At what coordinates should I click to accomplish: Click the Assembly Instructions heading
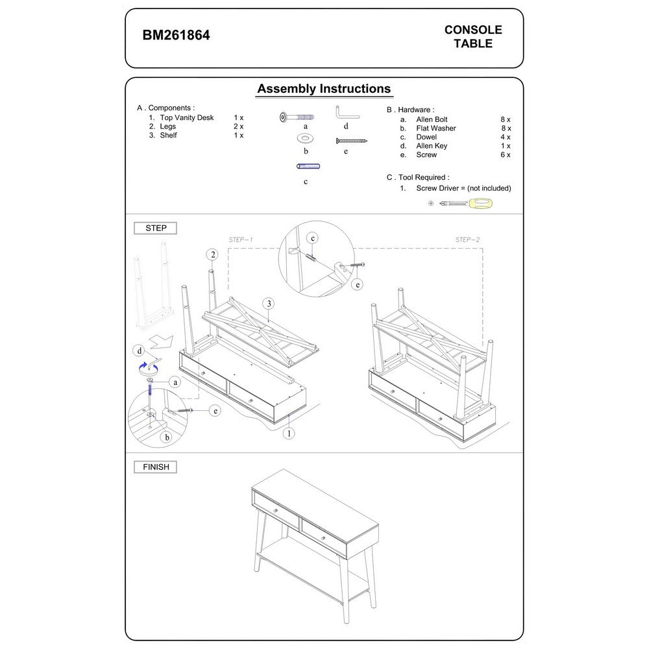pos(324,89)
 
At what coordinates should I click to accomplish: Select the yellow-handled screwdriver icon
pos(467,204)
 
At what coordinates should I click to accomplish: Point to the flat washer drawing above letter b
pos(304,138)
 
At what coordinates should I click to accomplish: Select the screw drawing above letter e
pos(352,140)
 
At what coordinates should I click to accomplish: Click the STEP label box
pos(155,228)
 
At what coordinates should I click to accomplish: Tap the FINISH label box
pos(155,467)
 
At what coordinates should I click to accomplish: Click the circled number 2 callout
pos(212,254)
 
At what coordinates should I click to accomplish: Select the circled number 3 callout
pos(268,303)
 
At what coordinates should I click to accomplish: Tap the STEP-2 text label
pos(467,239)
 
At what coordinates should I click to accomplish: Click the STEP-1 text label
pos(241,239)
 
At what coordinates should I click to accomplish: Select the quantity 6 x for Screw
pos(506,155)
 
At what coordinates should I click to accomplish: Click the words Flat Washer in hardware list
pos(435,129)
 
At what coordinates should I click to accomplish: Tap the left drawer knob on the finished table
pos(276,511)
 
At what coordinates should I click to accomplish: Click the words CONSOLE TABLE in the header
pos(473,36)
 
